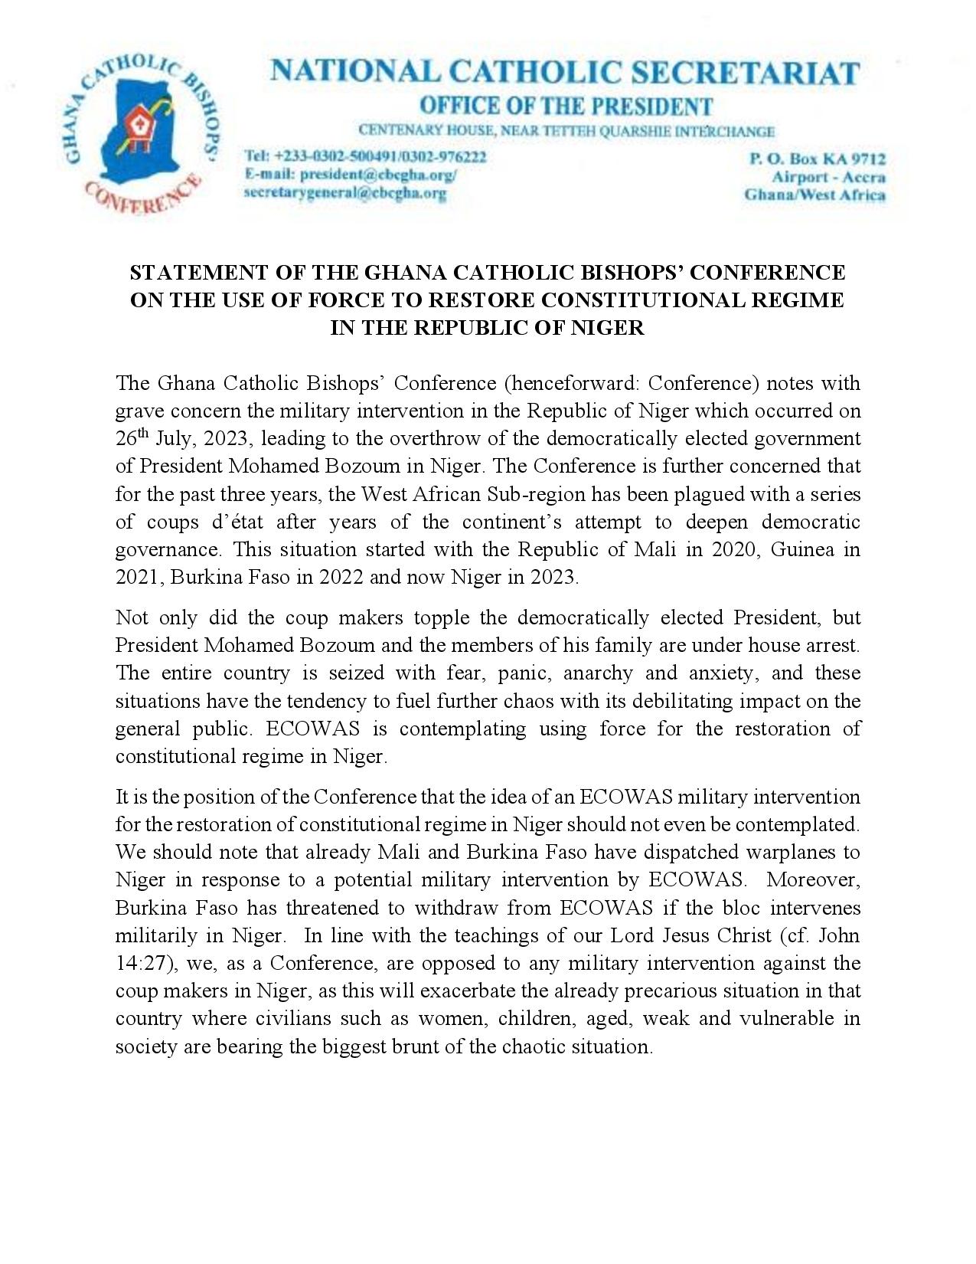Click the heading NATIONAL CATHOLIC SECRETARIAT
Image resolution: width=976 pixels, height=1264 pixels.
pyautogui.click(x=565, y=73)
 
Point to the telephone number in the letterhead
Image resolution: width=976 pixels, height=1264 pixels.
pyautogui.click(x=365, y=157)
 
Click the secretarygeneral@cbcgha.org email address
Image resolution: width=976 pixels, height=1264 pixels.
pyautogui.click(x=344, y=193)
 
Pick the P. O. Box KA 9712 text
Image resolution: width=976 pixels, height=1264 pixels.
pyautogui.click(x=817, y=159)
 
